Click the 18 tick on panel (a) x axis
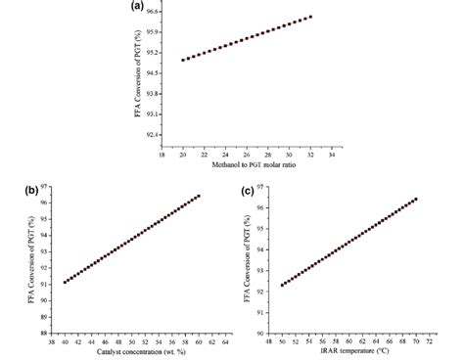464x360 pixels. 162,154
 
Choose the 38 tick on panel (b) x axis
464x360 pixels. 51,342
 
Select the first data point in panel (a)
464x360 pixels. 183,60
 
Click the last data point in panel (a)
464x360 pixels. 310,17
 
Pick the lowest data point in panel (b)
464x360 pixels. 65,282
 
